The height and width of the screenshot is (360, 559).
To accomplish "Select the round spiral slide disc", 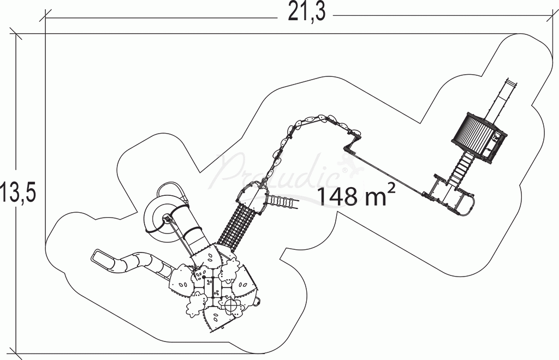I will tap(158, 218).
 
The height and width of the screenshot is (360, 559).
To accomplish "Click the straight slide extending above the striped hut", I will tap(504, 98).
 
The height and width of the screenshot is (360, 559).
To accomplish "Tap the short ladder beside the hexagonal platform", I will tap(283, 202).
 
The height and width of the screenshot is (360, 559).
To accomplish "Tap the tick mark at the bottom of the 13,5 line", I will tap(16, 353).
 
